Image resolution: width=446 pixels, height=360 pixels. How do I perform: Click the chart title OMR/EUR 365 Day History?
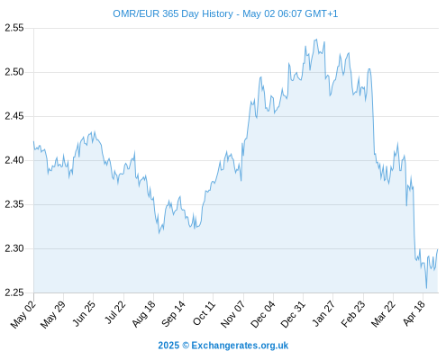point(173,13)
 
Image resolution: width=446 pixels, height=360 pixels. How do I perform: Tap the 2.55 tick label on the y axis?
point(14,28)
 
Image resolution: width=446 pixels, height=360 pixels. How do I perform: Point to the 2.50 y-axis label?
point(14,72)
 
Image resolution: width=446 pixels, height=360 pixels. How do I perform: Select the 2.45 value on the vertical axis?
point(14,116)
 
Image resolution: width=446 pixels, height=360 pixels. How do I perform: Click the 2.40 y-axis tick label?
point(14,160)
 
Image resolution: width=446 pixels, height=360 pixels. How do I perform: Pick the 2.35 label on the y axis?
point(14,204)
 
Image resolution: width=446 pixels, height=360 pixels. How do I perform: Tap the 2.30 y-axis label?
point(14,248)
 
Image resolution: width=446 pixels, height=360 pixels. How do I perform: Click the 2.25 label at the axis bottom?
point(14,292)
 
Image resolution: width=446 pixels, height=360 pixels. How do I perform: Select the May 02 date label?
point(23,314)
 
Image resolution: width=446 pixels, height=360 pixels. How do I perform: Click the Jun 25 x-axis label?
point(84,313)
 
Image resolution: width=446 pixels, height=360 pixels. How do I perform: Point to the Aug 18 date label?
point(144,314)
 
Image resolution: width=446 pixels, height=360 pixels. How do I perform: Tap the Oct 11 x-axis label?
point(205,313)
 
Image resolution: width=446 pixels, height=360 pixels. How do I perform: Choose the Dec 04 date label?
point(263,314)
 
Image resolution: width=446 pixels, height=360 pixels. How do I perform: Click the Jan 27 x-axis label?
point(323,313)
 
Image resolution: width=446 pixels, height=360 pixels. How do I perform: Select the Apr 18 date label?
point(414,313)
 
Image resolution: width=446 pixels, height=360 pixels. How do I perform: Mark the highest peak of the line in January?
point(316,40)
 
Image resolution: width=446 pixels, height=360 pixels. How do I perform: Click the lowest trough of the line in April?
point(426,288)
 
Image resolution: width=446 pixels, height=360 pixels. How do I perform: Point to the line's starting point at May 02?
point(34,141)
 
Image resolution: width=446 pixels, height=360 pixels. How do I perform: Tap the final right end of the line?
point(438,249)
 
